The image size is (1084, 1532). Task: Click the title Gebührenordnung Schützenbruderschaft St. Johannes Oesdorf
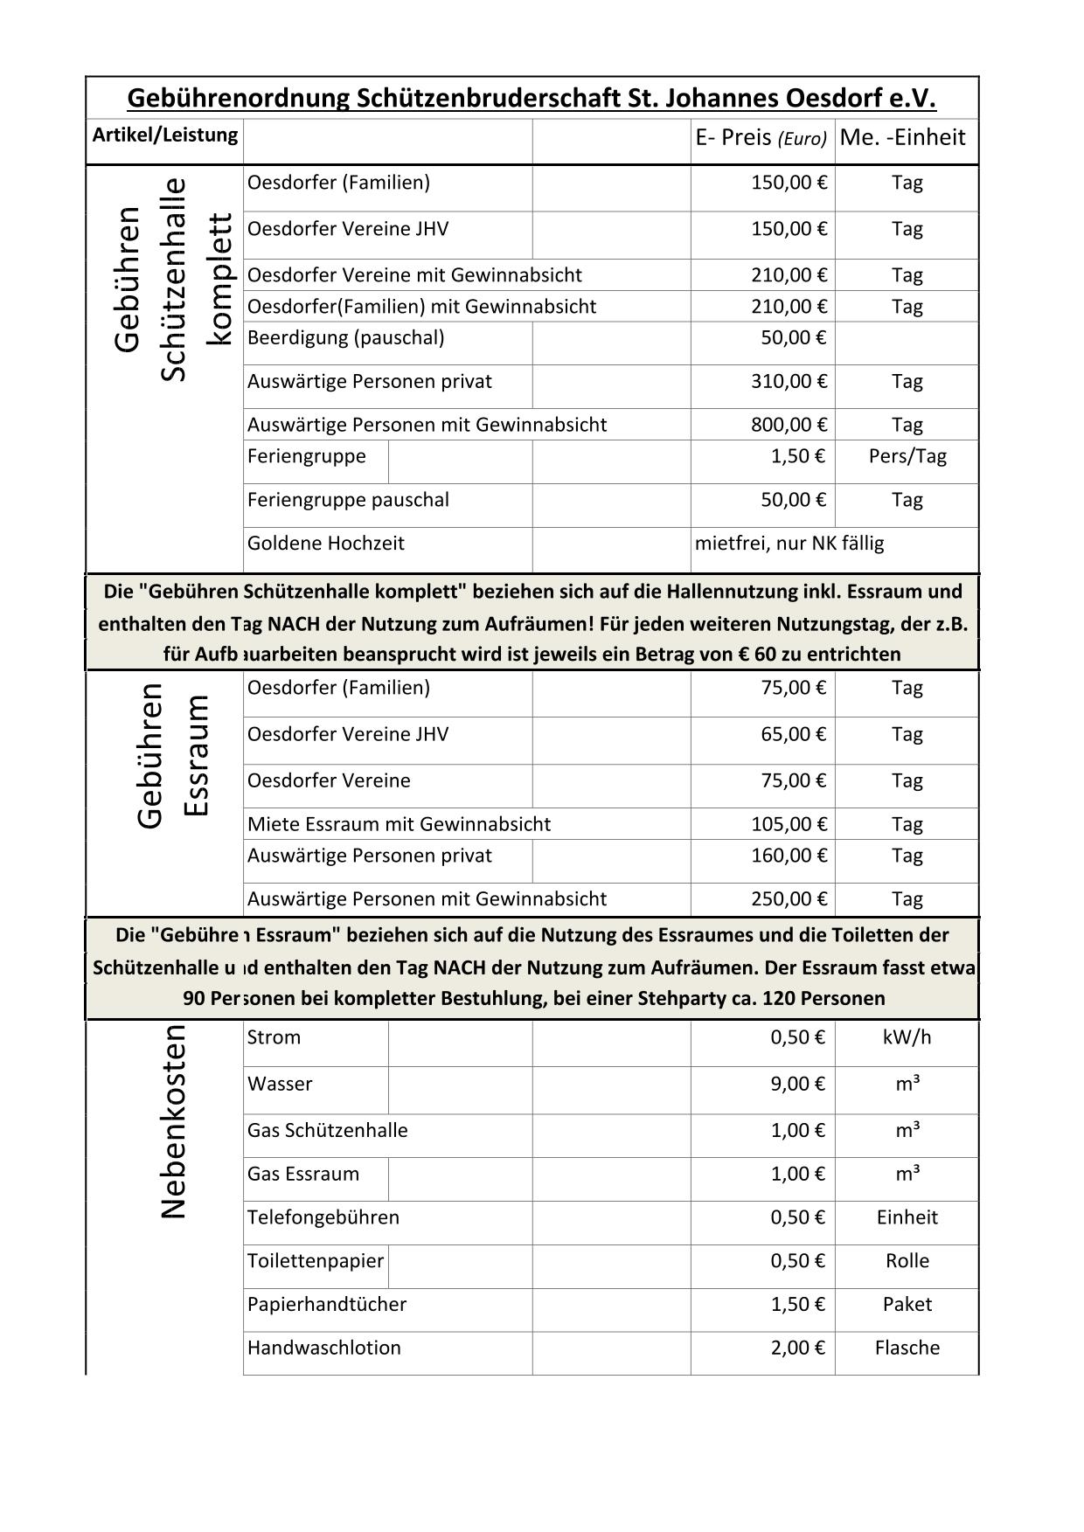(x=532, y=98)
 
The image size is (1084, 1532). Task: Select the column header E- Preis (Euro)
(x=761, y=138)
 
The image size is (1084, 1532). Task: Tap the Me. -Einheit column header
(x=902, y=137)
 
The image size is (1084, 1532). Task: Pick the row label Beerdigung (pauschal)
(x=345, y=338)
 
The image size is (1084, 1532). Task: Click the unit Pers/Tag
(x=907, y=456)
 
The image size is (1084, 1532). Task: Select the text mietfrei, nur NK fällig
(x=789, y=544)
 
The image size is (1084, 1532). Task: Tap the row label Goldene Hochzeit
(x=326, y=544)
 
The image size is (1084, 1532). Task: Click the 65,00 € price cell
(x=793, y=734)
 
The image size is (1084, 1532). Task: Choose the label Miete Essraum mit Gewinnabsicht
(x=399, y=824)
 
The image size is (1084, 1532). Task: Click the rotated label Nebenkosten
(x=174, y=1121)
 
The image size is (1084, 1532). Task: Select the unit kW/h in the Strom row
(x=907, y=1037)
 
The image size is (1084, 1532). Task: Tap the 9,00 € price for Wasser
(x=797, y=1085)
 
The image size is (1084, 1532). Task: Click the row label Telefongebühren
(x=323, y=1217)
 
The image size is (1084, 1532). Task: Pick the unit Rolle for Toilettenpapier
(x=907, y=1261)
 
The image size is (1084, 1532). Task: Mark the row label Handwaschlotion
(x=323, y=1348)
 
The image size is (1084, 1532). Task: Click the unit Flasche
(x=907, y=1348)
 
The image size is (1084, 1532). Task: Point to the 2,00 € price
(x=797, y=1348)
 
